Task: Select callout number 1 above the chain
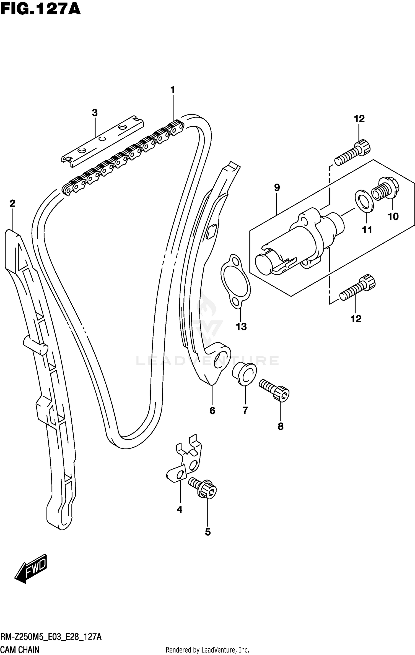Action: [x=173, y=90]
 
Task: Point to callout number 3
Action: [x=95, y=113]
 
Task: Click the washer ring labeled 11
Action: [x=364, y=202]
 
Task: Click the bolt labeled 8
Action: [x=274, y=390]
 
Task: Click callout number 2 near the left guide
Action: [x=12, y=204]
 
